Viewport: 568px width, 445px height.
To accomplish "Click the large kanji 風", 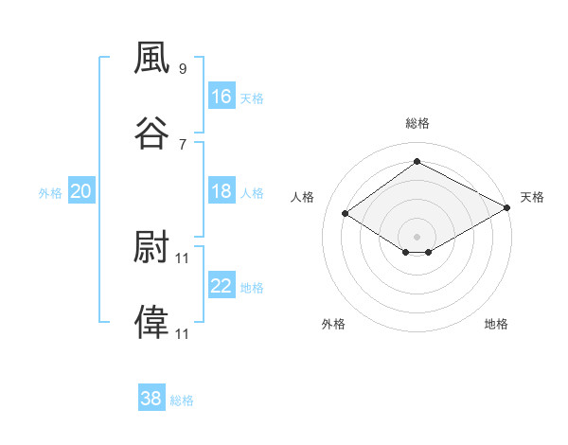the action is coord(151,57).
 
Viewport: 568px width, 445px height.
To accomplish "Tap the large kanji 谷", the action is coord(151,133).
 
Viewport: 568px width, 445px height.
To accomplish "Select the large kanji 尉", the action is coord(151,246).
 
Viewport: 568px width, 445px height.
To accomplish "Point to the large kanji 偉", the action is coord(151,322).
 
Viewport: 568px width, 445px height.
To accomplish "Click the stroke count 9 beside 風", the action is coord(183,68).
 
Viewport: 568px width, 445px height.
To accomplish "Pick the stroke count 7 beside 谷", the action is coord(183,145).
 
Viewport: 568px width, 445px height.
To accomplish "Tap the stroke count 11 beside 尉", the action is coord(182,258).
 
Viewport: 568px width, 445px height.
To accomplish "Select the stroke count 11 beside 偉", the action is coord(182,333).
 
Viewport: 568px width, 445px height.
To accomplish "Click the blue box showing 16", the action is coord(222,96).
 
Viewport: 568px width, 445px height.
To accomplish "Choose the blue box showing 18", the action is coord(222,190).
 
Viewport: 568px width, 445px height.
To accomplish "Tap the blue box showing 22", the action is coord(222,284).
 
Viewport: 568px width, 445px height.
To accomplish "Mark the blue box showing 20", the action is coord(81,190).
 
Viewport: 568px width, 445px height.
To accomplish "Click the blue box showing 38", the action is coord(151,397).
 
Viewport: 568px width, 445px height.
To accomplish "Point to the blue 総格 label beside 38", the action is coord(182,400).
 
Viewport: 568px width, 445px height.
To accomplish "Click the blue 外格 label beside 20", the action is coord(50,193).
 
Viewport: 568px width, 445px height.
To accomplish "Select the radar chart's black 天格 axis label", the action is coord(532,197).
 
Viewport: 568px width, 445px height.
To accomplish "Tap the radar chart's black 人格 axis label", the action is coord(302,197).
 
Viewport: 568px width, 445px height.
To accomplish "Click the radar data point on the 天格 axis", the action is coord(507,207).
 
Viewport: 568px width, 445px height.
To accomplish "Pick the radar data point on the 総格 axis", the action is coord(417,161).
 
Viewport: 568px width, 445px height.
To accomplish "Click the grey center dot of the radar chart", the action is coord(417,237).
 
